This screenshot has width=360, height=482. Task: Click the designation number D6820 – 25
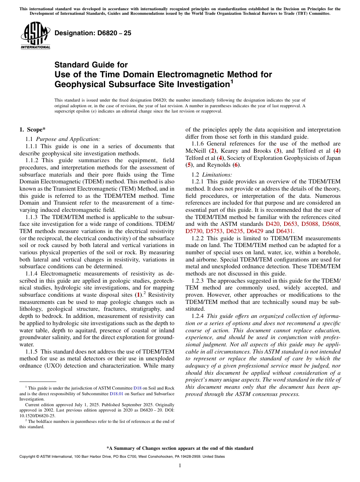(x=93, y=33)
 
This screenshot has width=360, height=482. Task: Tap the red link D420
(x=272, y=224)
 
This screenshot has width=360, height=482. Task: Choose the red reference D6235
(x=235, y=230)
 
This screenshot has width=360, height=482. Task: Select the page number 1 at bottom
(x=180, y=465)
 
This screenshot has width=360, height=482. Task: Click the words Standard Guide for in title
(x=91, y=65)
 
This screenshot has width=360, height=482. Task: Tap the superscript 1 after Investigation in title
(x=232, y=81)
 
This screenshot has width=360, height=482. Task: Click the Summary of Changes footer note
(x=180, y=448)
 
